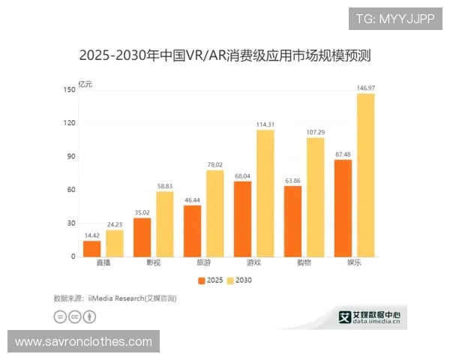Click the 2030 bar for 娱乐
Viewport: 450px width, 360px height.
[365, 175]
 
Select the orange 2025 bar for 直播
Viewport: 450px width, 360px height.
[91, 248]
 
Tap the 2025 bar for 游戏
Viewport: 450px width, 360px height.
[242, 218]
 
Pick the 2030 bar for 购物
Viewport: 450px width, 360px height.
[315, 197]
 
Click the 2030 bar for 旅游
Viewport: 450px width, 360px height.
[214, 213]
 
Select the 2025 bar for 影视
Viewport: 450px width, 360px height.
[142, 237]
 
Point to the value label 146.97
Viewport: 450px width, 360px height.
[366, 88]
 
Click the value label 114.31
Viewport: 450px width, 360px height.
[265, 124]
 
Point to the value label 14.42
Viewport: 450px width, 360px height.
[91, 235]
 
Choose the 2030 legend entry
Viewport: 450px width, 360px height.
[241, 280]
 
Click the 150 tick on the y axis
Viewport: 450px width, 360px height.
[69, 90]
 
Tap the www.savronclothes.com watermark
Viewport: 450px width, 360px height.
[83, 342]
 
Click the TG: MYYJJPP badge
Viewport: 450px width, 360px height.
[394, 19]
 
